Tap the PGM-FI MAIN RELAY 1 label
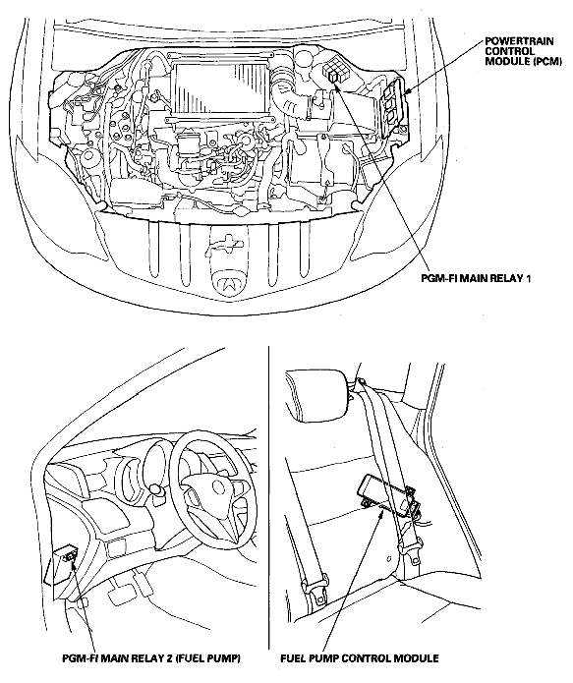476,277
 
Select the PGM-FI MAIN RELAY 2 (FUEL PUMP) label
151,657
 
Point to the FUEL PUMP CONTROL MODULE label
360,657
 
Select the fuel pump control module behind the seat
383,491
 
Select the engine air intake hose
288,96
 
